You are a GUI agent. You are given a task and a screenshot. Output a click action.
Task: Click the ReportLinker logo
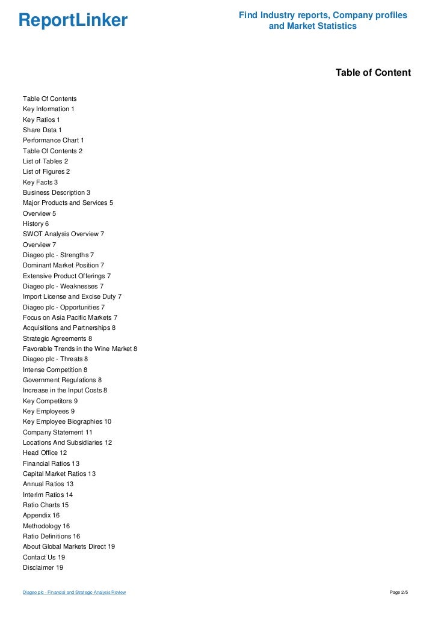click(x=73, y=20)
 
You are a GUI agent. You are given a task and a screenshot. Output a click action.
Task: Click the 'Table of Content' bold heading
click(x=373, y=73)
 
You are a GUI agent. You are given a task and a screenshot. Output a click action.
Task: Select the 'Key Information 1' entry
click(x=49, y=109)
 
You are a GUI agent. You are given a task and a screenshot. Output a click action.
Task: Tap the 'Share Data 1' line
click(x=42, y=130)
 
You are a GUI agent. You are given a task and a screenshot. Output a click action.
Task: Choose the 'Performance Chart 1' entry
click(x=54, y=140)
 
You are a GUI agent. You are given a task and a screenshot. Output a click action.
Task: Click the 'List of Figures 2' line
click(x=46, y=171)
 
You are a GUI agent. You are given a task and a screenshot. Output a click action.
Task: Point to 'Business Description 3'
click(x=57, y=192)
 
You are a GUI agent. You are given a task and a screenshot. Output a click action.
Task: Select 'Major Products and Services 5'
click(x=68, y=203)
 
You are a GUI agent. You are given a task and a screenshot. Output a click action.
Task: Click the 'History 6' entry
click(x=36, y=224)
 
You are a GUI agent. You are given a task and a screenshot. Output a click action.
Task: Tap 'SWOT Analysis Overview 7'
click(x=64, y=234)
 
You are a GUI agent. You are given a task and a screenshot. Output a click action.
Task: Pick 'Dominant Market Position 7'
click(x=64, y=265)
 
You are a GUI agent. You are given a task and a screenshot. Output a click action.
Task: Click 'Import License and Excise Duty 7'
click(x=72, y=296)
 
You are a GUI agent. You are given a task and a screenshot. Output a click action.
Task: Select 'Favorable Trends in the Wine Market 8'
click(x=80, y=349)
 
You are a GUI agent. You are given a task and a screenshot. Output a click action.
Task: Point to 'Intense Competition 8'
click(x=55, y=370)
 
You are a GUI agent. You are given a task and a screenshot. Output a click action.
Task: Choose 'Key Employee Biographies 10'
click(x=67, y=421)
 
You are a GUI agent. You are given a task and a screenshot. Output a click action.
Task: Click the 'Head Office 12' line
click(x=45, y=453)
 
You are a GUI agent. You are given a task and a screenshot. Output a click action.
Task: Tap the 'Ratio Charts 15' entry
click(x=46, y=505)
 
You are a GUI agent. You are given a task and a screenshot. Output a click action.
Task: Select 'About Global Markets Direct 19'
click(x=69, y=546)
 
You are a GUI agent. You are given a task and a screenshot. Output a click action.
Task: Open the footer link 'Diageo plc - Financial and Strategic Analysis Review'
click(x=74, y=593)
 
